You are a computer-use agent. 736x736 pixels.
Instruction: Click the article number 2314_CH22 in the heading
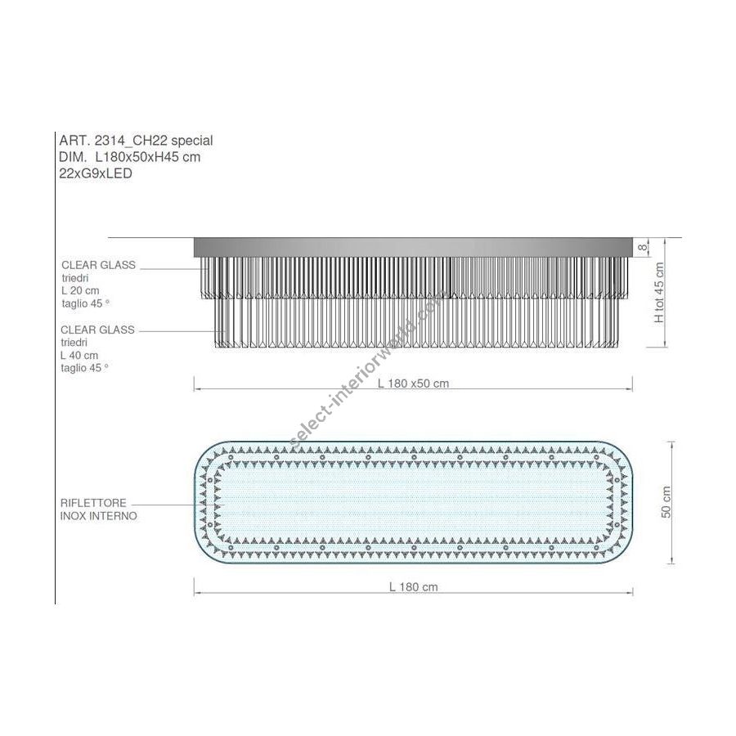(x=131, y=141)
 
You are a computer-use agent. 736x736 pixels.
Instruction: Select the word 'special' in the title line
(x=192, y=141)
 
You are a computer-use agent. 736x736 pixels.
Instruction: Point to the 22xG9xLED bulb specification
(x=96, y=173)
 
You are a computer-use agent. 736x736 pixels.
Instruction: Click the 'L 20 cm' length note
(x=80, y=290)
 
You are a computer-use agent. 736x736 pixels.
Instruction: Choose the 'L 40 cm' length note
(x=79, y=356)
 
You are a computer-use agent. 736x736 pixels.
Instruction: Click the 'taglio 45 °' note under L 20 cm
(x=85, y=303)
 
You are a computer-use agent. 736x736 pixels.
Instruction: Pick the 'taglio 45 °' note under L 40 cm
(x=84, y=368)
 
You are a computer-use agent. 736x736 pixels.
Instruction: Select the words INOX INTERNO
(x=99, y=516)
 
